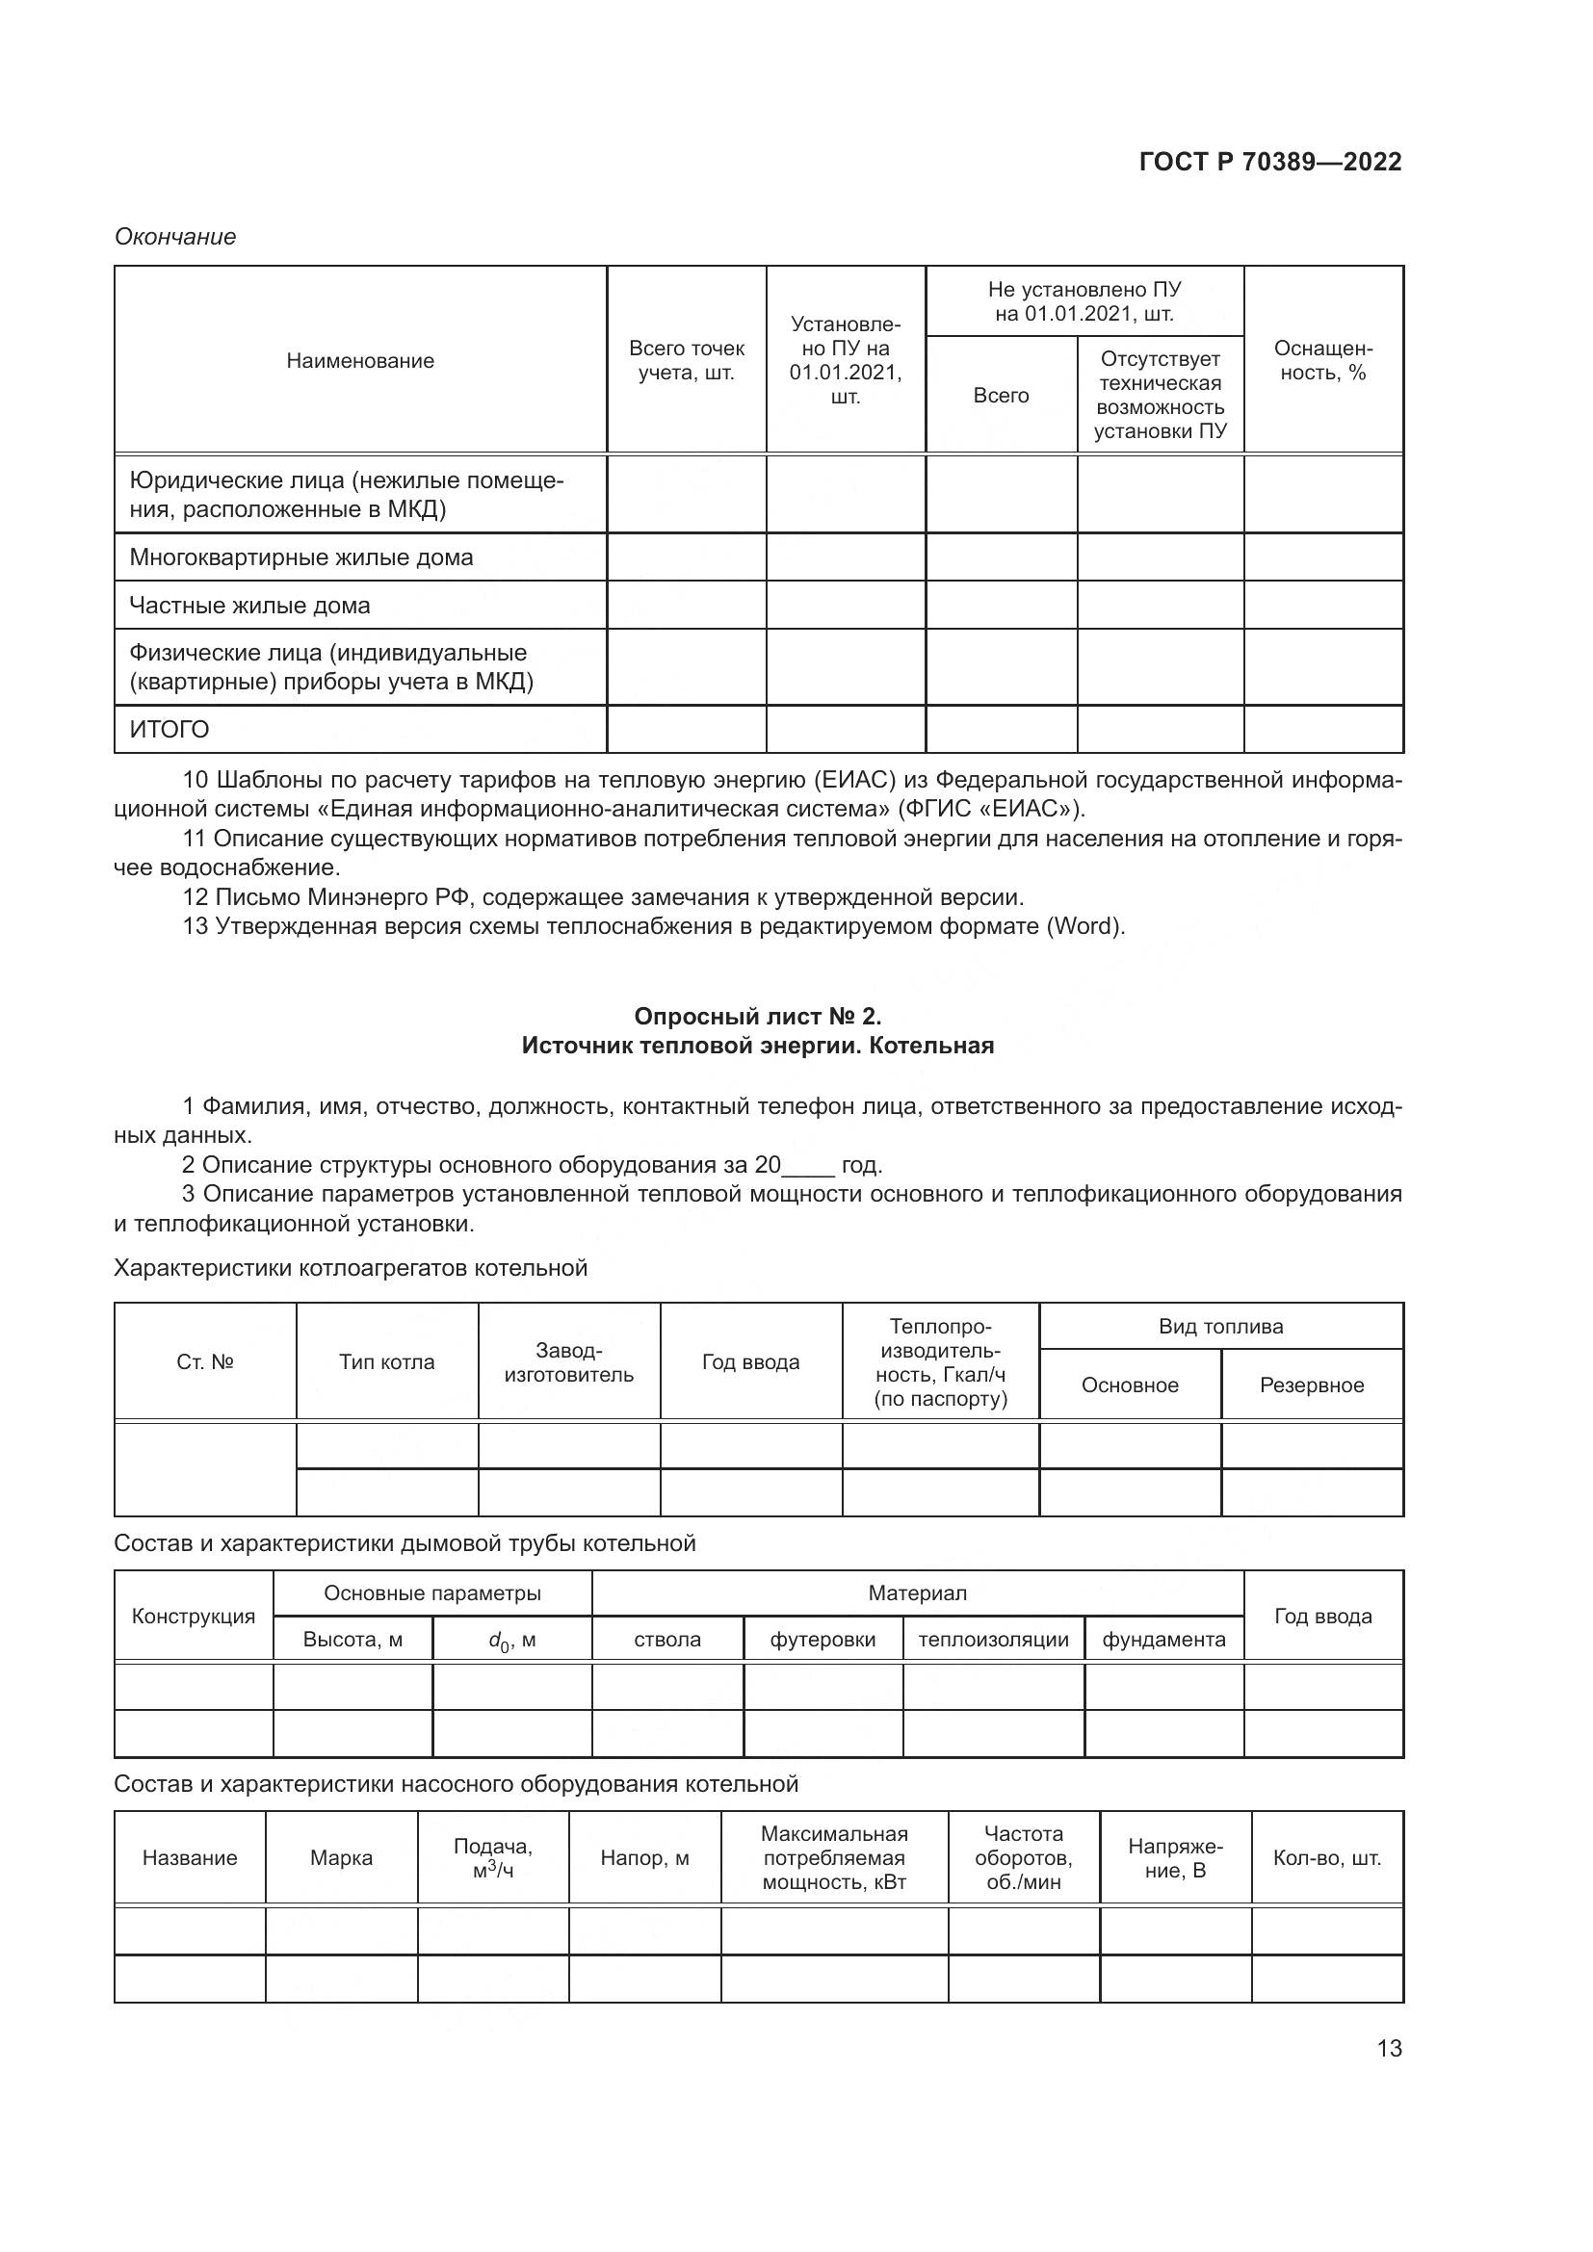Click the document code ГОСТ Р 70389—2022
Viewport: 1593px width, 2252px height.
(1270, 162)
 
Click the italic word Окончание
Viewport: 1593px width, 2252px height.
(175, 237)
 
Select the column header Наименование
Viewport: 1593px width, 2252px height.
(360, 361)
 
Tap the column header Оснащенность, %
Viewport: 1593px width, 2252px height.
(1322, 361)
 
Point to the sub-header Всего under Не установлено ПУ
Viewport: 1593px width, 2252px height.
(1001, 396)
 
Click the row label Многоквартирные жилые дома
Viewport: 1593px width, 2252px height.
(301, 557)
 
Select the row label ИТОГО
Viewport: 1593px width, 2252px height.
(170, 730)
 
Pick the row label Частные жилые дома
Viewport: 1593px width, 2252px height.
(250, 606)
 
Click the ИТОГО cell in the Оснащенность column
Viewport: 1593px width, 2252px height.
(1322, 730)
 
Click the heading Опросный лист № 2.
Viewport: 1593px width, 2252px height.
(757, 1015)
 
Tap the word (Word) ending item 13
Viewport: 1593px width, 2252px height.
(1085, 926)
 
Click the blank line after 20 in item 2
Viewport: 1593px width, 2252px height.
(808, 1165)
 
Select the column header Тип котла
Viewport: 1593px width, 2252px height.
(386, 1361)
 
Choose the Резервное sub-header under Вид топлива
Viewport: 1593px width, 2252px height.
(1312, 1385)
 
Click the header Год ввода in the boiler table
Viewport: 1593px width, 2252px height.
(750, 1361)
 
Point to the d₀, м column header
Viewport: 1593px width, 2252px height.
(512, 1640)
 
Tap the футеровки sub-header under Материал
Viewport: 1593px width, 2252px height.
(822, 1640)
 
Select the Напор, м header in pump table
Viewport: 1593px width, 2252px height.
(644, 1857)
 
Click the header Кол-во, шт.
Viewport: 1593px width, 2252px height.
(1326, 1857)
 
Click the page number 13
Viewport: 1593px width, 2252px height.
(1389, 2048)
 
